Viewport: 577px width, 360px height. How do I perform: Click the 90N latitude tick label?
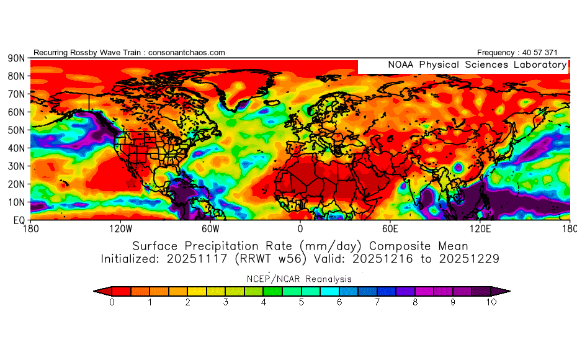point(16,58)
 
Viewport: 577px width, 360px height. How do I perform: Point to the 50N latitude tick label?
point(16,130)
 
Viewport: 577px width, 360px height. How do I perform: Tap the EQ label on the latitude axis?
point(19,220)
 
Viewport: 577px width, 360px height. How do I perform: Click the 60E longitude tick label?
point(390,228)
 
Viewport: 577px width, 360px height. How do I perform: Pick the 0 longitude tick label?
point(300,228)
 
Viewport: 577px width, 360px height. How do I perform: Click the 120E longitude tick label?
point(480,228)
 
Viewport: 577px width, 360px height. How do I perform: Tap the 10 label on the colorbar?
point(491,303)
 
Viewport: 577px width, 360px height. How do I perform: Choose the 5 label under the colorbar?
point(302,303)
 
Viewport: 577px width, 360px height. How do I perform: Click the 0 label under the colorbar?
point(112,303)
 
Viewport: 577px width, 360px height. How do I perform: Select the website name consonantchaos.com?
point(186,53)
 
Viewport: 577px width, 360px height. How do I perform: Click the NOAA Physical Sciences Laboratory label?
point(477,65)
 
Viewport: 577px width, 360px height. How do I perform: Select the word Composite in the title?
point(389,245)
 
